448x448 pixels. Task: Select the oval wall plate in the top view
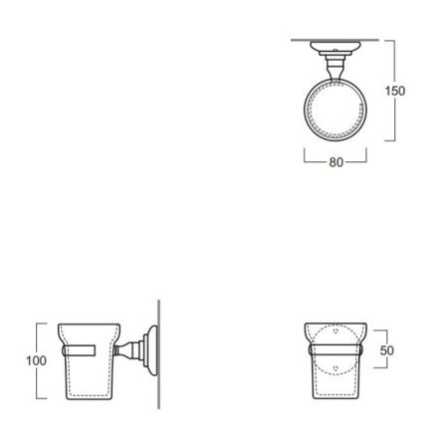coord(335,47)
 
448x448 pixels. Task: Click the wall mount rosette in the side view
coord(147,347)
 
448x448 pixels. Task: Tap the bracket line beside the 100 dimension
coord(40,359)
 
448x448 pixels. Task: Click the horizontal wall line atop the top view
coord(335,40)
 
